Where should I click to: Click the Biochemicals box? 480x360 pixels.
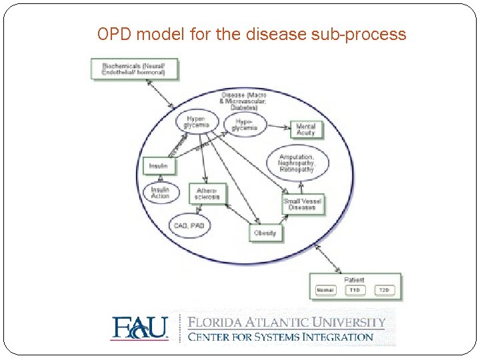[135, 69]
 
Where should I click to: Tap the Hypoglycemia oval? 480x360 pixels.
[245, 124]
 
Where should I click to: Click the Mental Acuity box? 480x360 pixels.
[305, 129]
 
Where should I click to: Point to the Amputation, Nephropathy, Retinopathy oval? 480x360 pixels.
[298, 164]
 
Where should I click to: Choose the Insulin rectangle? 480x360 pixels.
[159, 165]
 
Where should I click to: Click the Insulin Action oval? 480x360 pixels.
[160, 193]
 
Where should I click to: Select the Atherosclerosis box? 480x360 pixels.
[208, 193]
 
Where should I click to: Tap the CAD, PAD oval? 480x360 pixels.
[189, 227]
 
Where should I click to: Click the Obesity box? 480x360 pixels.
[265, 233]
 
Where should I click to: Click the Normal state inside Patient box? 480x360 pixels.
[326, 291]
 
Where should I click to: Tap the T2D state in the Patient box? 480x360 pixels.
[384, 291]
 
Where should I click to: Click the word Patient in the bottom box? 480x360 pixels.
[354, 280]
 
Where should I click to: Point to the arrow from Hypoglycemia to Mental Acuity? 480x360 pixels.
[278, 126]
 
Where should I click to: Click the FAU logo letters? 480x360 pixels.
[139, 328]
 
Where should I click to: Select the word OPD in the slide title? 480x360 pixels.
[111, 34]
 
